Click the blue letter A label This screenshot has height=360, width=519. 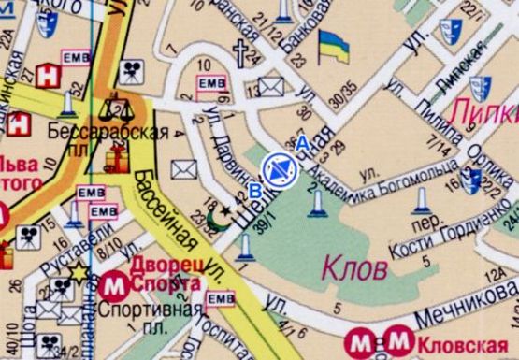coord(301,143)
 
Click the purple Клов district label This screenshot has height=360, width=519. coord(354,270)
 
